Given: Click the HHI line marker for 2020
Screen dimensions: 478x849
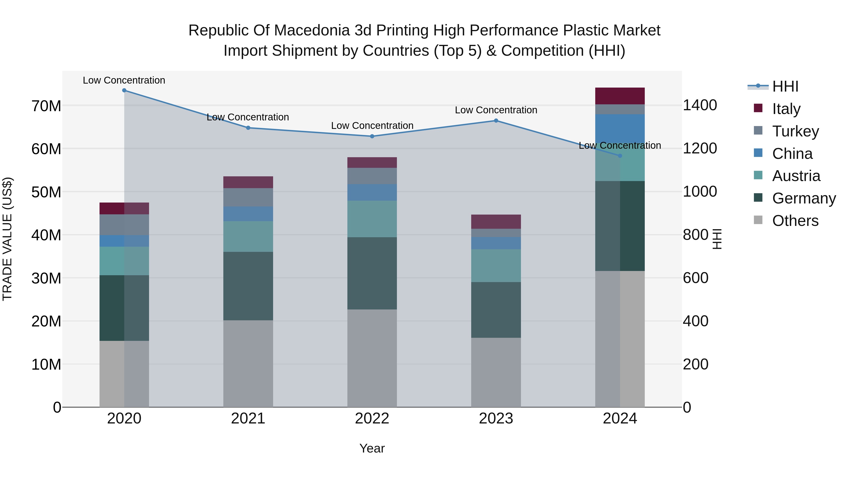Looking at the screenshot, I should coord(124,90).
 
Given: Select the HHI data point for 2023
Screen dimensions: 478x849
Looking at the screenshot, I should coord(496,121).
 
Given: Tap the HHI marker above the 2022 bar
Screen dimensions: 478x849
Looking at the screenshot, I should coord(372,136).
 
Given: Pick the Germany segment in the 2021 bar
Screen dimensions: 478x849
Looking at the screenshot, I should coord(248,286).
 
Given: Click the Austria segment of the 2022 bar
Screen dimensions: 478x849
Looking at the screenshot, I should coord(372,219).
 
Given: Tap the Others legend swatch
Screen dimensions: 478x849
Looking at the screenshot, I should coord(758,220).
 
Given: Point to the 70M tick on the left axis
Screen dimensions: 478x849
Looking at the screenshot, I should coord(46,106).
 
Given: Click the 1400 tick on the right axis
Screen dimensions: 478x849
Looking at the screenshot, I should coord(700,105).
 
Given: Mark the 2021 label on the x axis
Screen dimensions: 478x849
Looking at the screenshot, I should coord(248,419).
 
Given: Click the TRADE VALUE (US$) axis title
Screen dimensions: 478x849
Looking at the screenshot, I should coord(7,239).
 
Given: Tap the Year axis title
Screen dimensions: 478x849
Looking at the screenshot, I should coord(372,448).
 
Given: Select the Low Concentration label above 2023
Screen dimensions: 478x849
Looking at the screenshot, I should coord(496,110).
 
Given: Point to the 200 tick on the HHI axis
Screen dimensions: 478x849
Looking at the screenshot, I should coord(695,364).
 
